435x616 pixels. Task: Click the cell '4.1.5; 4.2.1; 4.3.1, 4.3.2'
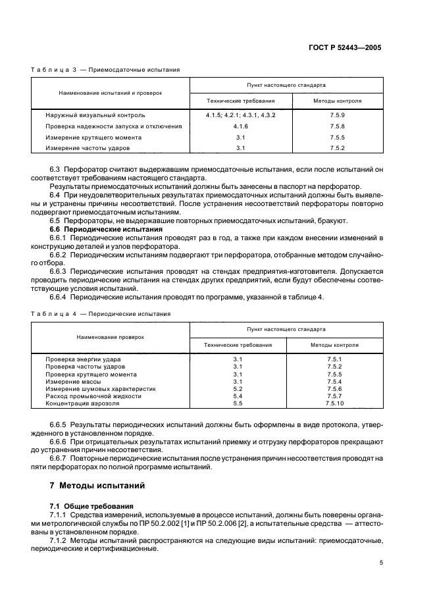(x=240, y=115)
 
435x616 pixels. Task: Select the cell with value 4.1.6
(x=240, y=126)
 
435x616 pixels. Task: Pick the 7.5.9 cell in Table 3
(x=337, y=115)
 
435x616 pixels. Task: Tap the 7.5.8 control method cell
(x=337, y=126)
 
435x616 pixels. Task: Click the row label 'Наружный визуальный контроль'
(x=90, y=115)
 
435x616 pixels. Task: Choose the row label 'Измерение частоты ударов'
(x=84, y=149)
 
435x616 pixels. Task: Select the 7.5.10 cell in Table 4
(x=336, y=404)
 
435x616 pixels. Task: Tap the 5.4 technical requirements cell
(x=238, y=396)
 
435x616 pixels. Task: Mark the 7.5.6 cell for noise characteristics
(x=336, y=388)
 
